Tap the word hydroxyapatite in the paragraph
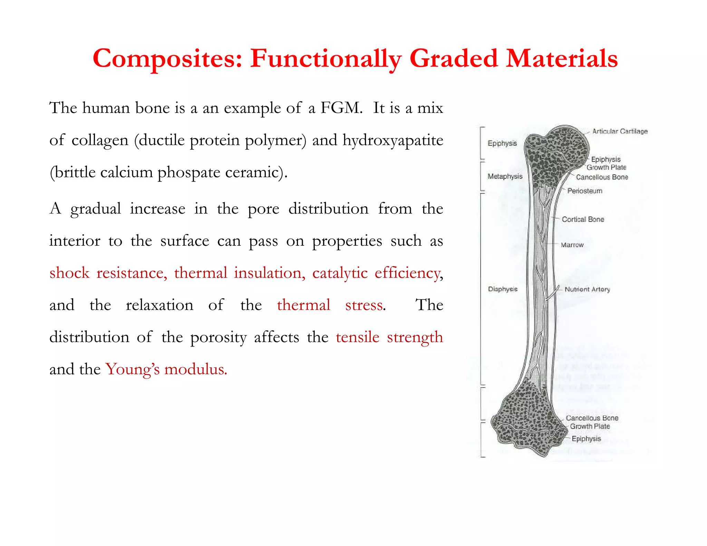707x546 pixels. [x=393, y=140]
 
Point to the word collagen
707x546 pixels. [x=100, y=140]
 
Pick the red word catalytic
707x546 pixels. [x=340, y=273]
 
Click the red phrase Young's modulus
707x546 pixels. [x=166, y=369]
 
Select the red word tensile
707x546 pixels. [x=357, y=337]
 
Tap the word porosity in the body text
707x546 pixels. [x=218, y=337]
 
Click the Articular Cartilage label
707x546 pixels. [x=620, y=131]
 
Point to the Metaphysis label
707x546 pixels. [x=505, y=176]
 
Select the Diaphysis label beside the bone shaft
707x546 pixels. [x=503, y=289]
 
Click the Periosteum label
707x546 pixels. [x=584, y=191]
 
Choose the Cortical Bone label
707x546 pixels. [x=583, y=219]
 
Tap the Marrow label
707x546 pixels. [x=572, y=245]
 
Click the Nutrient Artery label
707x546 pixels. [x=587, y=289]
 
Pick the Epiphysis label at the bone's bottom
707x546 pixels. [x=586, y=439]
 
